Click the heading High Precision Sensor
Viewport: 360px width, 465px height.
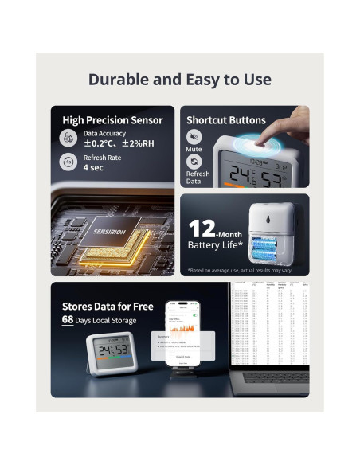(112, 120)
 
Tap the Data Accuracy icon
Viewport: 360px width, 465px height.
(68, 138)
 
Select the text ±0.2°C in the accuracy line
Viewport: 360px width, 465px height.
(100, 144)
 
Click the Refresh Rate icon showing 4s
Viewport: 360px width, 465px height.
(68, 162)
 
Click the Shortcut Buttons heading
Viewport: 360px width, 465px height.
(225, 120)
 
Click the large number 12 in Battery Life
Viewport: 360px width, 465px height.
(202, 229)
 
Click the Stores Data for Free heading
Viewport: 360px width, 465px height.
(108, 306)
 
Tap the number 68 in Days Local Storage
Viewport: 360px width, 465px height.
(69, 320)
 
